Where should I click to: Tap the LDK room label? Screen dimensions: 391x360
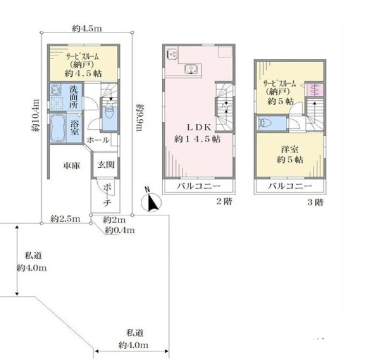point(197,133)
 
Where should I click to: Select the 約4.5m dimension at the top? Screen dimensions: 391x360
point(87,28)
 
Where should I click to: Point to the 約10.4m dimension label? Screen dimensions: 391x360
point(35,115)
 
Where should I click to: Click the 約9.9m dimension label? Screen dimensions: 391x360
point(139,117)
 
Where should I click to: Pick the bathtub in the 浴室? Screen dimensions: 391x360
point(58,128)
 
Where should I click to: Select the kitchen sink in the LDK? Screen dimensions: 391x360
point(191,69)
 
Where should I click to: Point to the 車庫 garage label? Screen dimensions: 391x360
point(71,165)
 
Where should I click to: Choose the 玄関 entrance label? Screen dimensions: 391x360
point(106,165)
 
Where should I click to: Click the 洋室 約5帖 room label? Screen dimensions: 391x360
point(289,155)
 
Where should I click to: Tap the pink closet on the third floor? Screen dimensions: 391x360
point(315,90)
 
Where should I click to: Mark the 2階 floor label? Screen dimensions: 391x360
point(224,201)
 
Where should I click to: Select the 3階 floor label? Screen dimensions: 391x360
point(315,202)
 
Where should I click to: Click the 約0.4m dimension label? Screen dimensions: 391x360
point(120,230)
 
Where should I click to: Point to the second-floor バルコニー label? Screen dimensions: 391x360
point(199,186)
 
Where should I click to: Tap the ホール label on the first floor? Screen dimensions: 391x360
point(98,140)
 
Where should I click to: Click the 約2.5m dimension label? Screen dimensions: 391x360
point(65,219)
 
